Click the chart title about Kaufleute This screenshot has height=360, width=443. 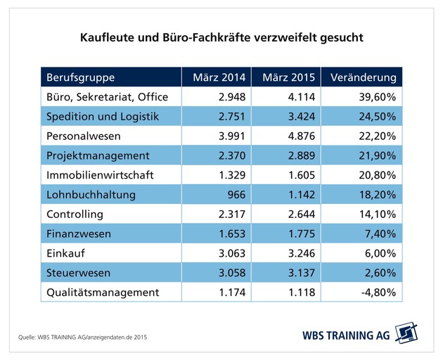[x=221, y=37]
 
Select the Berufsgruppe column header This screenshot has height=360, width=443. [x=80, y=77]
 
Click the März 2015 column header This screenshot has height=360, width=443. [x=286, y=77]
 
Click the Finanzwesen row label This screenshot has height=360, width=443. [x=79, y=233]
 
